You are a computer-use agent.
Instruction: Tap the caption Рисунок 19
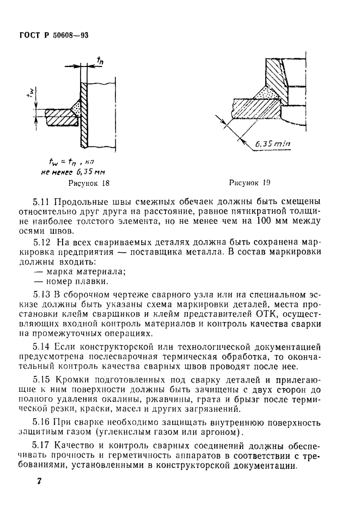point(250,183)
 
